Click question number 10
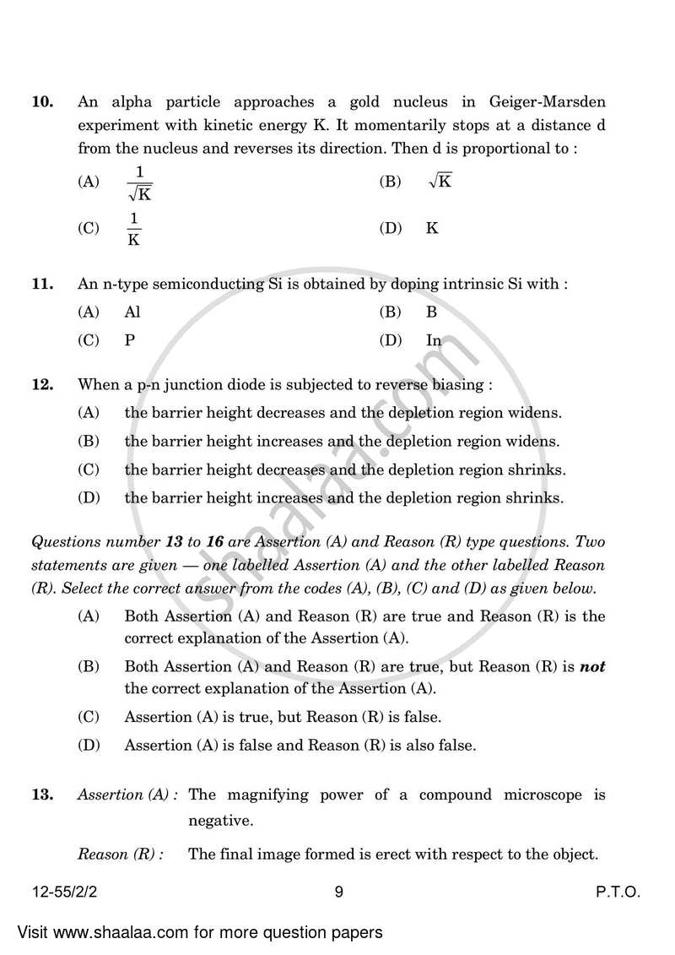click(x=42, y=102)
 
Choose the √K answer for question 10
click(x=440, y=181)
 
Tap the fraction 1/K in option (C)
click(x=132, y=229)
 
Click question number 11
click(x=42, y=285)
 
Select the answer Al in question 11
click(x=132, y=312)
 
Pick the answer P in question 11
click(x=129, y=340)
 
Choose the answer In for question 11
click(x=434, y=340)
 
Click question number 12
click(x=42, y=384)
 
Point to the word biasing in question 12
click(x=456, y=384)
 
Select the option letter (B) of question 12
click(x=89, y=441)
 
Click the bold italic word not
click(x=593, y=666)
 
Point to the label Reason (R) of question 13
click(x=120, y=854)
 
